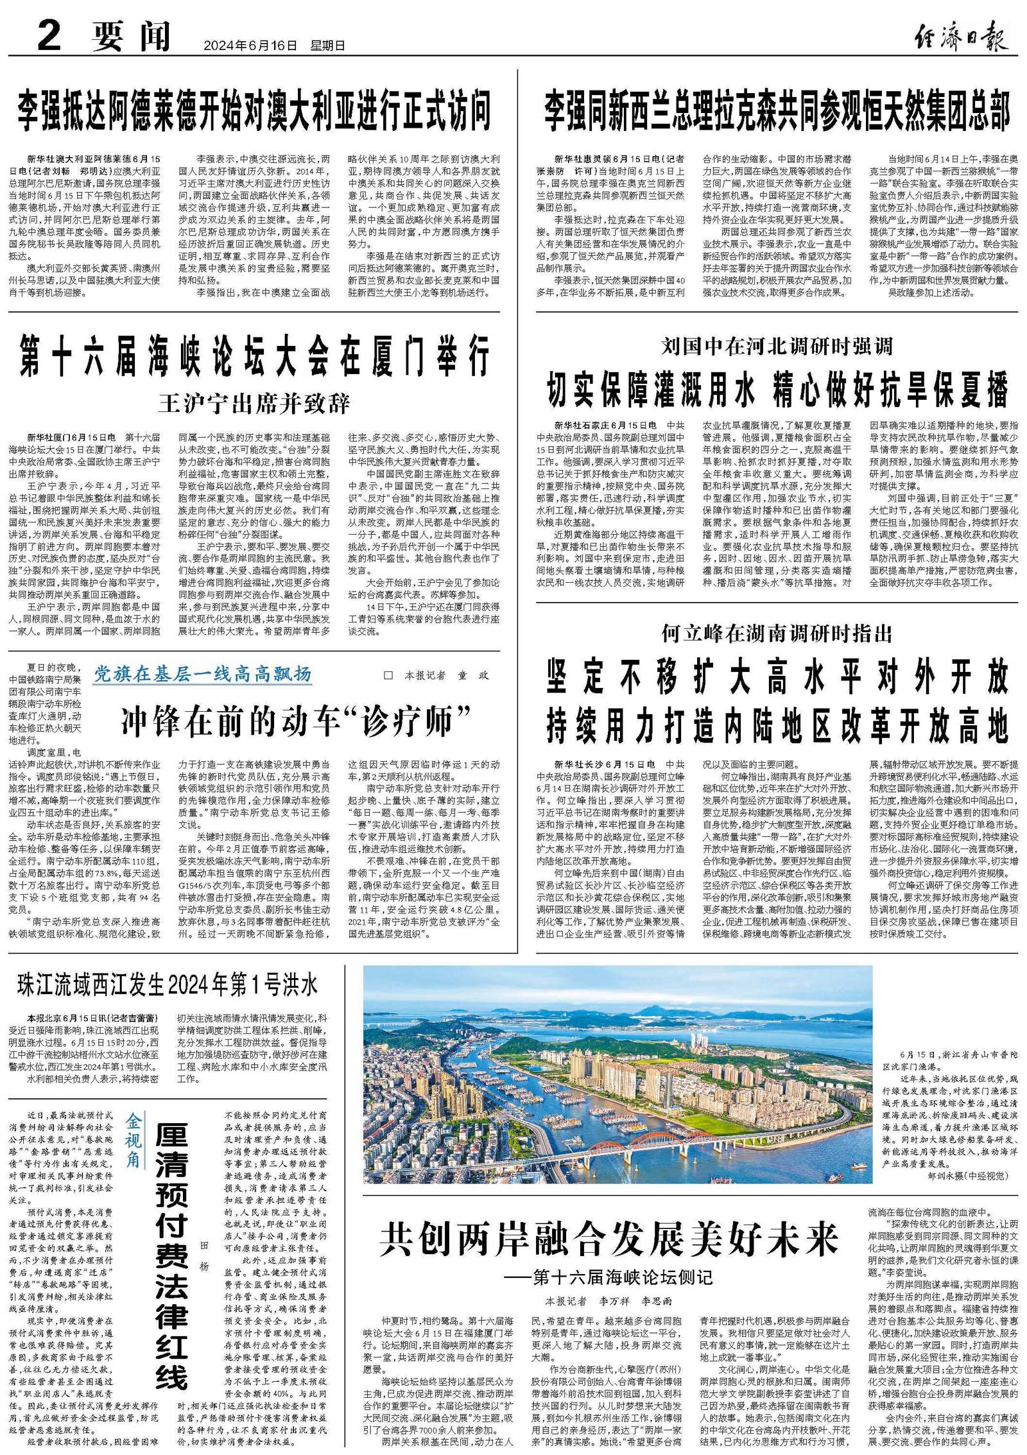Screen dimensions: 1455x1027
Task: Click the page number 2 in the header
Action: pyautogui.click(x=49, y=36)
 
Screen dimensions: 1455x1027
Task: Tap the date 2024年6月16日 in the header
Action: pyautogui.click(x=251, y=46)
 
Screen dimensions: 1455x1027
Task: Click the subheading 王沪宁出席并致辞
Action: pyautogui.click(x=254, y=404)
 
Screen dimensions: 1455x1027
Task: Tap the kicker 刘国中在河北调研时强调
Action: pyautogui.click(x=777, y=347)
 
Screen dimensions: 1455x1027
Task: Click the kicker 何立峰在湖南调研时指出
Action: pyautogui.click(x=777, y=634)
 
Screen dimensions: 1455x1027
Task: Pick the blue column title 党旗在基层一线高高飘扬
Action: pyautogui.click(x=203, y=674)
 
